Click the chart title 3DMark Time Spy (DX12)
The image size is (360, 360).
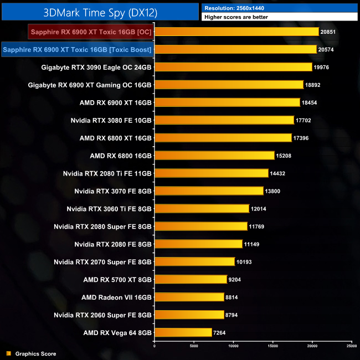[100, 11]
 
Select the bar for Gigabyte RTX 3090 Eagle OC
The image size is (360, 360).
[233, 67]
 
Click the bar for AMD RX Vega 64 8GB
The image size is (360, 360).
[183, 332]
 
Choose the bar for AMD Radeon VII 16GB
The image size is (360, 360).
[189, 297]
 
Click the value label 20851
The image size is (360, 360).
[330, 32]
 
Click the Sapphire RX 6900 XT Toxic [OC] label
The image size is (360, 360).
[91, 32]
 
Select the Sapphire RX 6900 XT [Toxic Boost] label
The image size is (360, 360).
[77, 50]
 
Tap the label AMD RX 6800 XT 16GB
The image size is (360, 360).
[115, 138]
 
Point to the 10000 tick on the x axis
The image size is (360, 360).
[233, 346]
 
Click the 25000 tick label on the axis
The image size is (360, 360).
[351, 346]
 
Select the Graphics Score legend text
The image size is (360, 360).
[35, 353]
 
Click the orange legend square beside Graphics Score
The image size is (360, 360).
[8, 353]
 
